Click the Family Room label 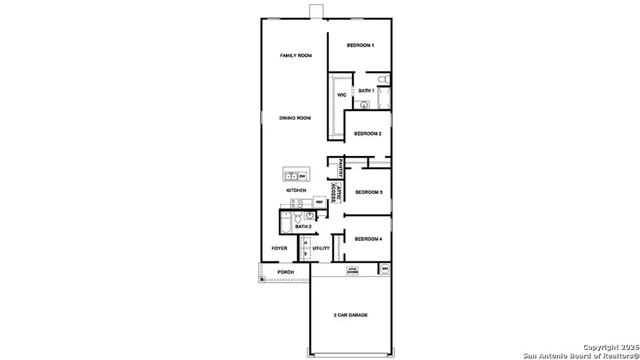tap(296, 56)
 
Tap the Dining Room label tap(295, 118)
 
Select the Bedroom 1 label tap(360, 46)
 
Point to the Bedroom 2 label tap(367, 134)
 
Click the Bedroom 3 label tap(369, 192)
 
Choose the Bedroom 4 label tap(368, 239)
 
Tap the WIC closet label tap(341, 95)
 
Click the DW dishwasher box tap(303, 176)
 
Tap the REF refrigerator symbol tap(319, 202)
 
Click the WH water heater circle tap(385, 268)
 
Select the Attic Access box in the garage tap(352, 271)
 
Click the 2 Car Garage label tap(351, 315)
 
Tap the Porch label tap(285, 272)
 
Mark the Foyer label tap(279, 248)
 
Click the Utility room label tap(321, 248)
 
